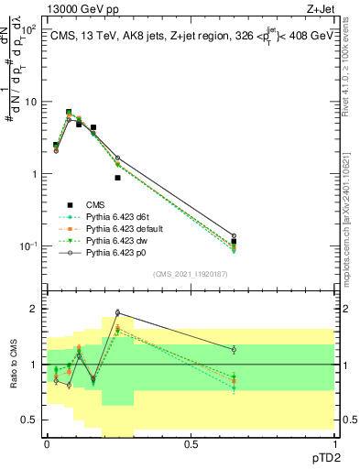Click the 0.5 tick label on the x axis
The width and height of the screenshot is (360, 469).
191,442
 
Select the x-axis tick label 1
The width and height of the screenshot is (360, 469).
334,442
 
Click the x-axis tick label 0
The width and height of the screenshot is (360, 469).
47,442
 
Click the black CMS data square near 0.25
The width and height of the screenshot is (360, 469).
117,178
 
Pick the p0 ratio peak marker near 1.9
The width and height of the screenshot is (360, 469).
117,312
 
